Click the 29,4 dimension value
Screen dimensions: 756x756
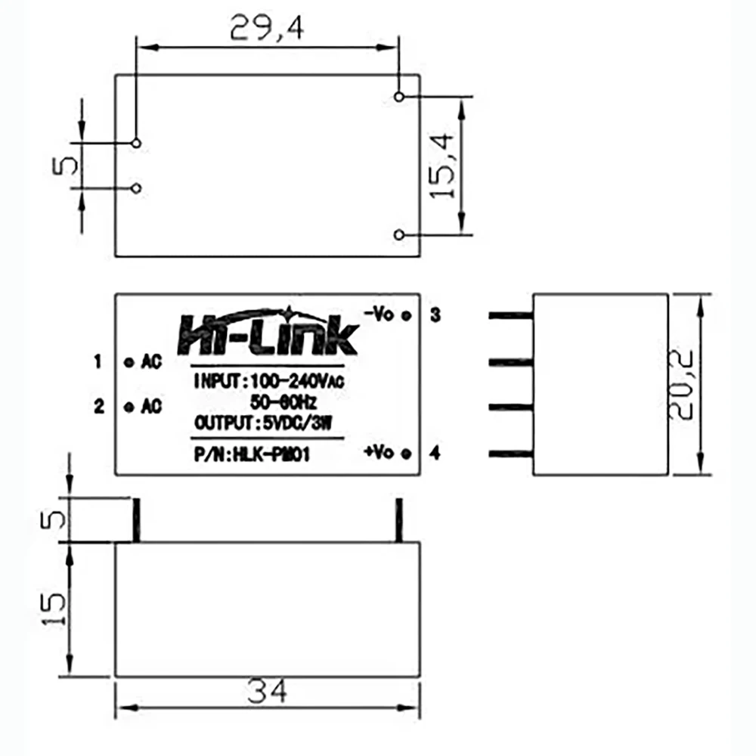tap(267, 27)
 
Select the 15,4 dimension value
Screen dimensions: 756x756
tap(442, 166)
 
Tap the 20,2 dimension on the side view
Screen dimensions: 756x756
tap(681, 384)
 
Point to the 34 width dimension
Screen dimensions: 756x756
tap(267, 691)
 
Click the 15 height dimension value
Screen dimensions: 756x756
tap(53, 609)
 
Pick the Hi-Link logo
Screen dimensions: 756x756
tap(268, 332)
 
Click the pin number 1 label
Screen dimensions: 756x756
tap(98, 361)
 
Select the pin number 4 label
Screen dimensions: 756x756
tap(435, 453)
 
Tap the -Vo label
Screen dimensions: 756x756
tap(379, 314)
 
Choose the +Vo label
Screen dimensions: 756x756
tap(379, 452)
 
